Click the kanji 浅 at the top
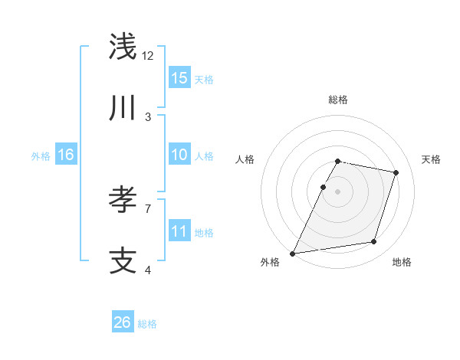123,47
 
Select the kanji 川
123,109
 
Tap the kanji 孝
123,200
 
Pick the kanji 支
123,261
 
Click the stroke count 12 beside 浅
148,55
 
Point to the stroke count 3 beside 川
148,116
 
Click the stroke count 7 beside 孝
148,208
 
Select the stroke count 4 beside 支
148,269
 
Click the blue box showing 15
179,77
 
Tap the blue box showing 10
179,155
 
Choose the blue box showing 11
179,231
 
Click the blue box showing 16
66,155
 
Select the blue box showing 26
123,322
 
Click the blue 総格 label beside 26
147,324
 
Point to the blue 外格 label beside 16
41,156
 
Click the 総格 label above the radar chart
338,100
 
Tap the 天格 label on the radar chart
431,159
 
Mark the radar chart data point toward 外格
293,253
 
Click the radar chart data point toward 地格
374,242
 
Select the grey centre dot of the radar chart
338,191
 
